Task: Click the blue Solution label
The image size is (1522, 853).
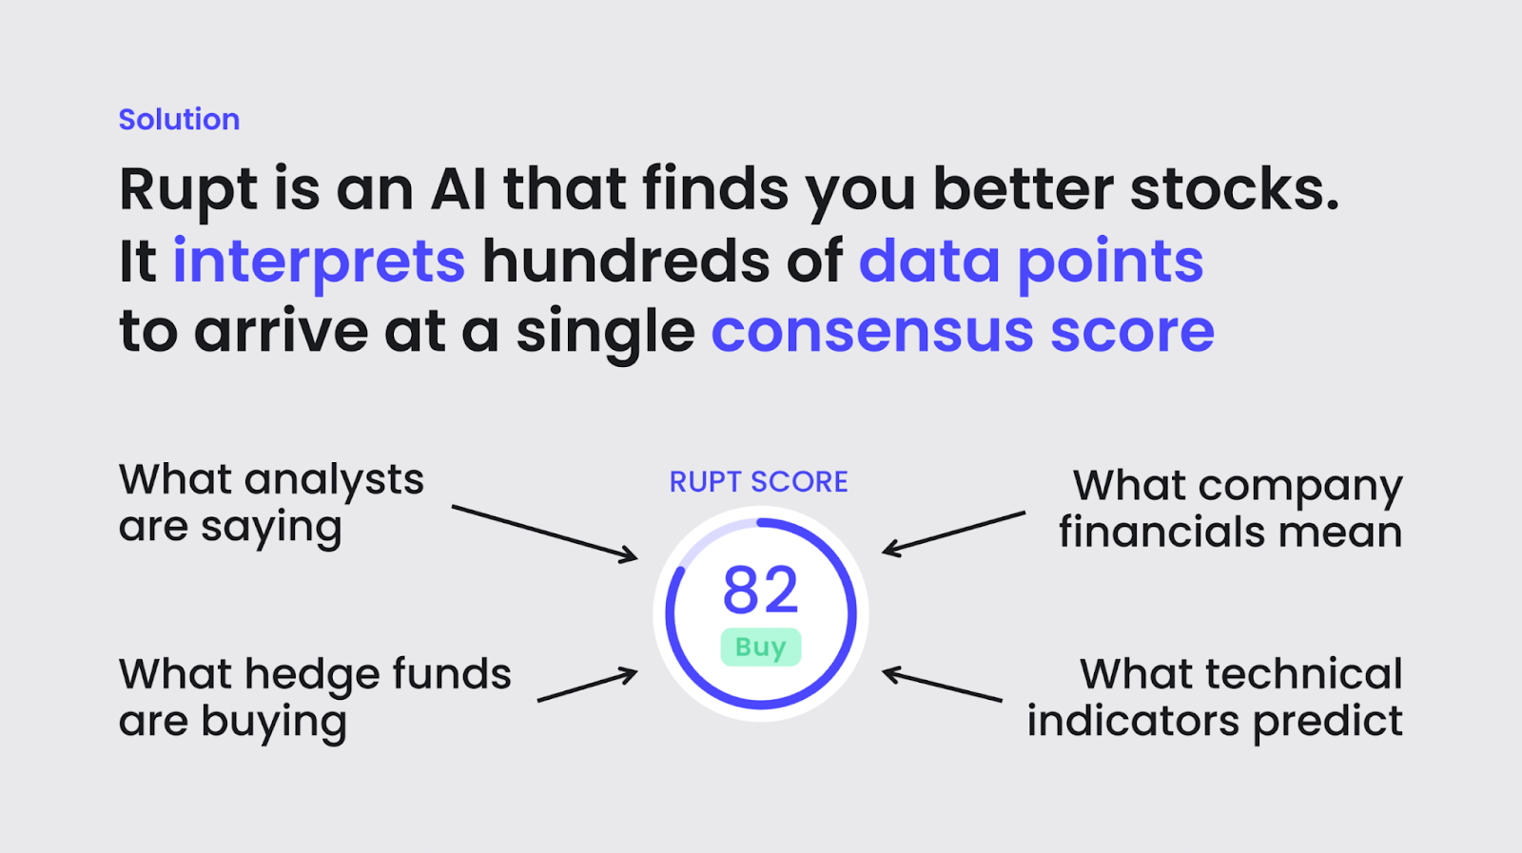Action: [180, 120]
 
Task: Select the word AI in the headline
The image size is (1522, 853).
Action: [459, 189]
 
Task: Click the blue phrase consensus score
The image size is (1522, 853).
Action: [963, 332]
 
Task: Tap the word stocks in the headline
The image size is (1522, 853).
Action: [1234, 189]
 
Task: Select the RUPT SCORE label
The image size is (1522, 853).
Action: [759, 482]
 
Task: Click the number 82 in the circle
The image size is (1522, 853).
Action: [760, 590]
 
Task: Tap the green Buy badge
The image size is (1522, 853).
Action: [761, 648]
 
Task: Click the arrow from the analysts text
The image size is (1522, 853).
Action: [545, 533]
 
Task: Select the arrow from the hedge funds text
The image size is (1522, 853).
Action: [588, 685]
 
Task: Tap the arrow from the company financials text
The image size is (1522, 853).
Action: [953, 534]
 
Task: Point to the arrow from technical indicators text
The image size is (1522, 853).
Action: [942, 685]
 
